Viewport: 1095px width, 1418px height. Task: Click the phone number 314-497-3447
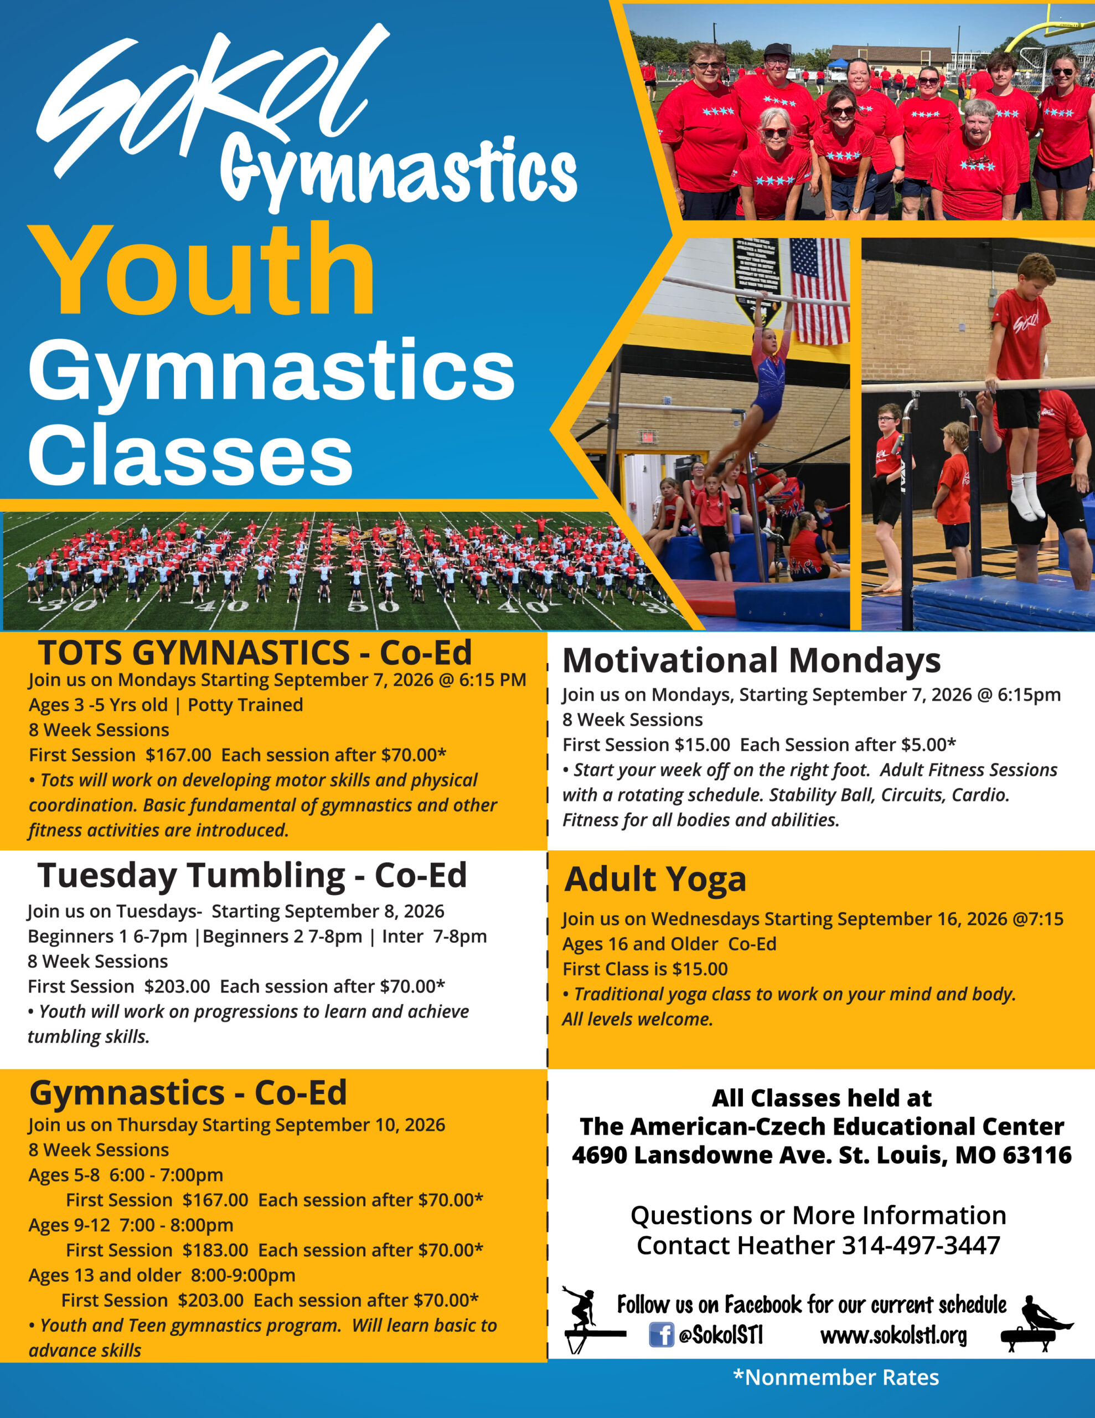(921, 1245)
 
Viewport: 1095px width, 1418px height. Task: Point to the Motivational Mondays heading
(752, 661)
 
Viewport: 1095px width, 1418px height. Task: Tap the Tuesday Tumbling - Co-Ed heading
(252, 875)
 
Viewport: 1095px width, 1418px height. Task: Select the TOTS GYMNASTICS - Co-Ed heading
(255, 653)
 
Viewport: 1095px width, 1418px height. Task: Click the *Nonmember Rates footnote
(836, 1378)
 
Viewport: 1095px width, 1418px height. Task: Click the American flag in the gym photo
(820, 291)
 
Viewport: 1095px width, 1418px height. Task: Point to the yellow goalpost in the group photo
(1051, 35)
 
